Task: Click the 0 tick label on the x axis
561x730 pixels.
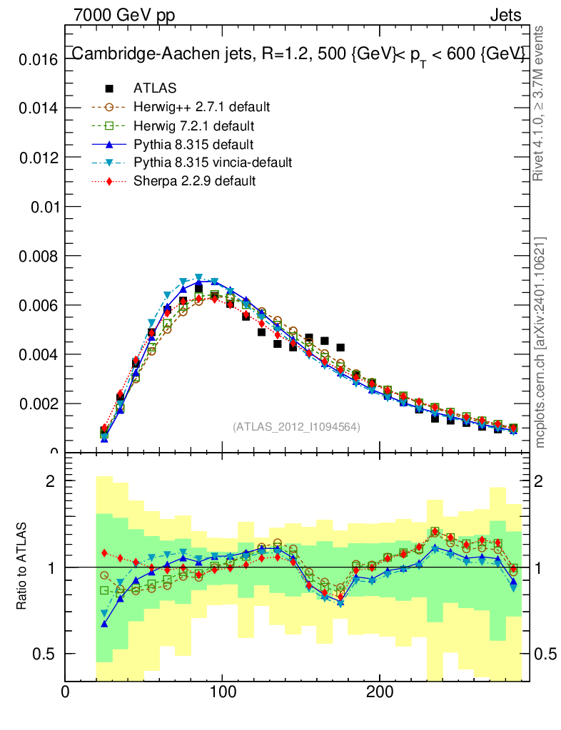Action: click(x=66, y=691)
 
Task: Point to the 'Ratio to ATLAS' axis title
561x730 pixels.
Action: click(x=22, y=567)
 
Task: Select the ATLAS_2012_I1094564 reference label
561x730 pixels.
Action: click(x=296, y=426)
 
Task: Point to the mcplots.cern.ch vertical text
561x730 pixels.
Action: click(x=540, y=342)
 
